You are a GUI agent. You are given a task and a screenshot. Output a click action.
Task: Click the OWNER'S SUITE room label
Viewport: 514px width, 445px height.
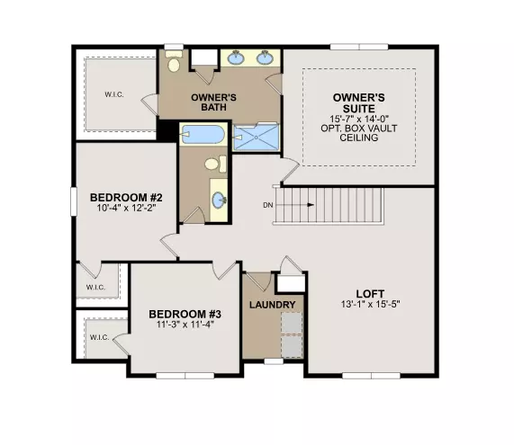359,102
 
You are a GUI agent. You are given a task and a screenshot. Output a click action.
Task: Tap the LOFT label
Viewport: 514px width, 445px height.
370,293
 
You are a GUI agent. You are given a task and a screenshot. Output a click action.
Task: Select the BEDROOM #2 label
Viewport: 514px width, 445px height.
126,198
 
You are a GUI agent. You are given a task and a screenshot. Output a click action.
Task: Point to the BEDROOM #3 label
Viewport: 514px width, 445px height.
185,314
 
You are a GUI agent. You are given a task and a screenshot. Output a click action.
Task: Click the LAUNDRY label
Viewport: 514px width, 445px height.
273,305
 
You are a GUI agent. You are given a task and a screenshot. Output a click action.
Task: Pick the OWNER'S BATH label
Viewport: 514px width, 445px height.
213,102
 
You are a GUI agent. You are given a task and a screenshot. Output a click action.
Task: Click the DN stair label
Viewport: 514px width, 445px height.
268,205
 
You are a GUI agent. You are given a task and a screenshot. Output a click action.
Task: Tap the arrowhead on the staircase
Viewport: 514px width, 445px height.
311,205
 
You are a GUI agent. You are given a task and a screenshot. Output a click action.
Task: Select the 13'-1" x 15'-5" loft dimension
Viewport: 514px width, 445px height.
370,304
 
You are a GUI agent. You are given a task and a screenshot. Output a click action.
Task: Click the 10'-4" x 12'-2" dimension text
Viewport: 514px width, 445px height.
126,208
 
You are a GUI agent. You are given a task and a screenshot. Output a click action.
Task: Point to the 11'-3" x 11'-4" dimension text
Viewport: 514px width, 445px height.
185,325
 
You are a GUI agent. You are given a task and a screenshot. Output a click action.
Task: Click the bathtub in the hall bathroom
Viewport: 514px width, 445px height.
203,134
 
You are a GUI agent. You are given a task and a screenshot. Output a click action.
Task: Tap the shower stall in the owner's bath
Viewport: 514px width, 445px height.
256,137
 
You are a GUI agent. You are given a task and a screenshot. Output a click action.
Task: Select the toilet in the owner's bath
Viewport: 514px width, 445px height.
174,61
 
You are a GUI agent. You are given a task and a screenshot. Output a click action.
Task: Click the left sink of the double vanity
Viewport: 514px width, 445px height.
236,58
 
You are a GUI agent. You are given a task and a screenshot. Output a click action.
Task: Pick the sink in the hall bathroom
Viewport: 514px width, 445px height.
219,200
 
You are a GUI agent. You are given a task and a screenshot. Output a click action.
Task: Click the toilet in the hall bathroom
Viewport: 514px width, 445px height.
215,164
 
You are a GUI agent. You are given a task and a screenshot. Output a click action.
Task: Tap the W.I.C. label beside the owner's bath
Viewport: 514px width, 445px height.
114,94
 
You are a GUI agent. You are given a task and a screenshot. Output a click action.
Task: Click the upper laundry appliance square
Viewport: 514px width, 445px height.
292,323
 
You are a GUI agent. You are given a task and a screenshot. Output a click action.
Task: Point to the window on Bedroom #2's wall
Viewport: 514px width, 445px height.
74,201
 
